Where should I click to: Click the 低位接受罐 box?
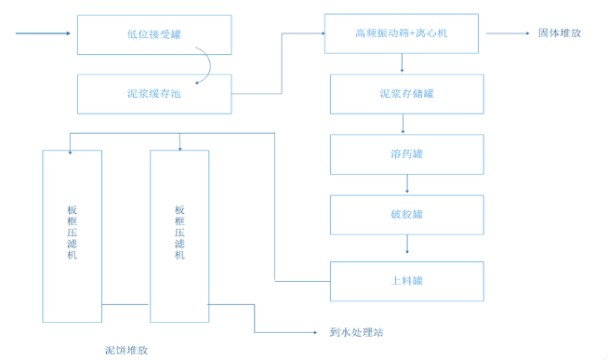pyautogui.click(x=152, y=34)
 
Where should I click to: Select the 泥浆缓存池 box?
pyautogui.click(x=152, y=94)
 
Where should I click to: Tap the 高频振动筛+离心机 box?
pyautogui.click(x=402, y=33)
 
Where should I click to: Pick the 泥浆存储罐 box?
pyautogui.click(x=406, y=94)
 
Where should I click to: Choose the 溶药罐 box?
pyautogui.click(x=406, y=153)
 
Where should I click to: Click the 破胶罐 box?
pyautogui.click(x=406, y=214)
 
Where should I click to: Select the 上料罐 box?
pyautogui.click(x=406, y=280)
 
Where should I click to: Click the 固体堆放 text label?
pyautogui.click(x=559, y=33)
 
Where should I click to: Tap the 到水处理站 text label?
pyautogui.click(x=356, y=332)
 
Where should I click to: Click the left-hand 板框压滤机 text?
pyautogui.click(x=73, y=232)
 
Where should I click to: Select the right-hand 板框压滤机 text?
pyautogui.click(x=179, y=232)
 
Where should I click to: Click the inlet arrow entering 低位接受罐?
pyautogui.click(x=43, y=34)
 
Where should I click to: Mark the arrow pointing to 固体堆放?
pyautogui.click(x=507, y=33)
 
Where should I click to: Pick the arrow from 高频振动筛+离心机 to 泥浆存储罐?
pyautogui.click(x=402, y=63)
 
